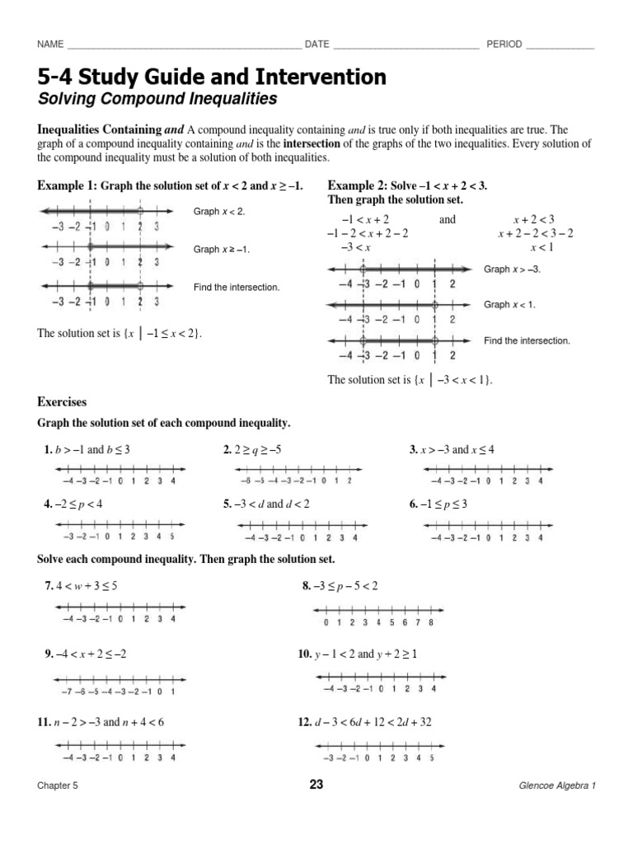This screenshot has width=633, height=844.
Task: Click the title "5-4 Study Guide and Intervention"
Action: click(x=211, y=77)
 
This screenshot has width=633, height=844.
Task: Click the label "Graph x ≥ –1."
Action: click(x=221, y=249)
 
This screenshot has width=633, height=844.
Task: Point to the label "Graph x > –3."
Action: click(x=512, y=270)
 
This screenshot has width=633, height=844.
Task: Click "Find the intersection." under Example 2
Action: click(x=527, y=340)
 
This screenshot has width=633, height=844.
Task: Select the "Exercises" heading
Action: click(x=62, y=402)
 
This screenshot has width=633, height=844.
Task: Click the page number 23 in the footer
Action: click(x=316, y=785)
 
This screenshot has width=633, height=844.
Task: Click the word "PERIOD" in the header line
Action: click(x=504, y=45)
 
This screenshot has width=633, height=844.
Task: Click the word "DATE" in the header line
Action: click(x=317, y=45)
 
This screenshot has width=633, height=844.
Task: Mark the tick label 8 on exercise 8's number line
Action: click(x=431, y=622)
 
